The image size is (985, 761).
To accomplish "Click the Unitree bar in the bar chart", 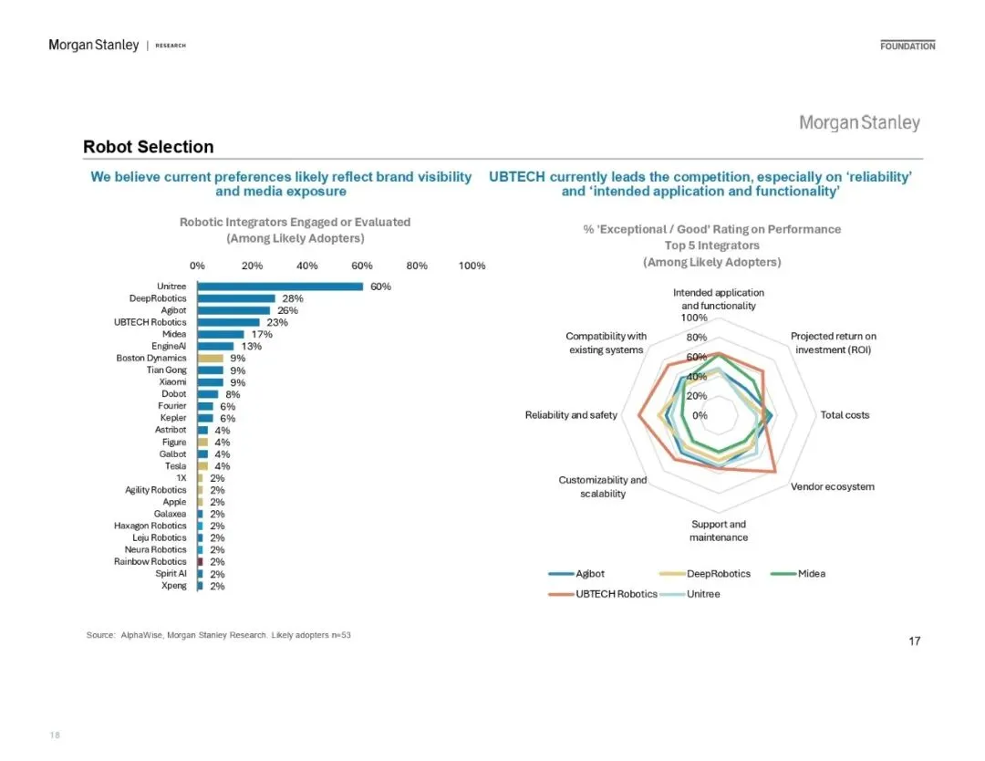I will coord(279,287).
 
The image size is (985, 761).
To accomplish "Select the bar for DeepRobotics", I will coord(235,298).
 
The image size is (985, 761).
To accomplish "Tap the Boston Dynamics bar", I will coord(210,359).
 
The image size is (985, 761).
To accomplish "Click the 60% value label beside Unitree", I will coord(380,287).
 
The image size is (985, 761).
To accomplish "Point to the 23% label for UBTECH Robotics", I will coord(277,322).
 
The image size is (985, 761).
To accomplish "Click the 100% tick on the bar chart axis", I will coord(472,266).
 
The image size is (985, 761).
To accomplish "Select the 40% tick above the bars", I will coord(307,266).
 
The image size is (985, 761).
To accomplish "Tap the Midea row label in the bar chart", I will coord(174,334).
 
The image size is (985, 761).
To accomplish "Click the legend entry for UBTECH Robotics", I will coord(616,594).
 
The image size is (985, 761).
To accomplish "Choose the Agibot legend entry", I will coord(589,574).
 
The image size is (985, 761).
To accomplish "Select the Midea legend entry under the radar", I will coord(811,574).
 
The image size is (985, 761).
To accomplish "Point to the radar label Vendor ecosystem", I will coord(832,486).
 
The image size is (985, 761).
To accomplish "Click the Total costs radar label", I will coord(845,415).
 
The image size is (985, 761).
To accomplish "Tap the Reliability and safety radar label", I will coord(571,415).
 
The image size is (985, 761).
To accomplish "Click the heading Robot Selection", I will coord(148,147).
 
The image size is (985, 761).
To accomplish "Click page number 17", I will coord(914,641).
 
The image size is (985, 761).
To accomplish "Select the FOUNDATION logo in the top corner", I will coord(907,46).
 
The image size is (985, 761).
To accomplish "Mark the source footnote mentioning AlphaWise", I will coord(218,634).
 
